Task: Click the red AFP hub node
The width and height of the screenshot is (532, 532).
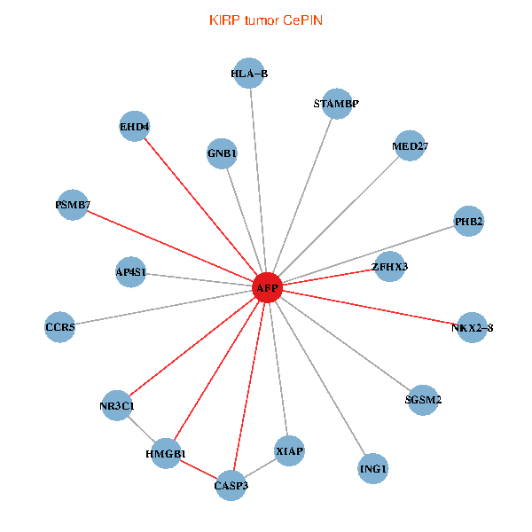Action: tap(267, 288)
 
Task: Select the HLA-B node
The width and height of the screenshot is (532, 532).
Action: tap(249, 74)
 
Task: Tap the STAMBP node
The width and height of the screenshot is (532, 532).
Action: tap(337, 104)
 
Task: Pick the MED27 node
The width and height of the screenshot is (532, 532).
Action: tap(410, 145)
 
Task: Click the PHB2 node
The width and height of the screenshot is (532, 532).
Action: tap(468, 221)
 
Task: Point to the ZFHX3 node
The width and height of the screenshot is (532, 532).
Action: tap(390, 266)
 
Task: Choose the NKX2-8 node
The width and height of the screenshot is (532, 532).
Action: tap(472, 328)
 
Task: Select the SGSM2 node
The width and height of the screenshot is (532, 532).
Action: tap(423, 400)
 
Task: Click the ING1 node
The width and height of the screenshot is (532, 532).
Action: tap(373, 467)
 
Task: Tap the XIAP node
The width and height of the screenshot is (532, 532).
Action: tap(290, 451)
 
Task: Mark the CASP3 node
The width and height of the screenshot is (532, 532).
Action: tap(231, 486)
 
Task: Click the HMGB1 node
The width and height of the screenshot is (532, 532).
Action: tap(166, 454)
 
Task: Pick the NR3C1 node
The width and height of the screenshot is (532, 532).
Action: tap(117, 406)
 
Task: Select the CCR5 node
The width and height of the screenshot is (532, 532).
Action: tap(60, 327)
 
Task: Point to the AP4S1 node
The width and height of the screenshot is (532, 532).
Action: tap(131, 271)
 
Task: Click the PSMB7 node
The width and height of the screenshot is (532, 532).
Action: tap(72, 206)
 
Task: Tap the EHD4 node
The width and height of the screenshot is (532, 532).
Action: tap(134, 126)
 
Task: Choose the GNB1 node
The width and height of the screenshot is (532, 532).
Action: tap(223, 154)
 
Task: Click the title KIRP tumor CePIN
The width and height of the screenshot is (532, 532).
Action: tap(265, 20)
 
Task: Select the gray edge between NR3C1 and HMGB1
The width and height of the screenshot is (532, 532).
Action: tap(141, 430)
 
